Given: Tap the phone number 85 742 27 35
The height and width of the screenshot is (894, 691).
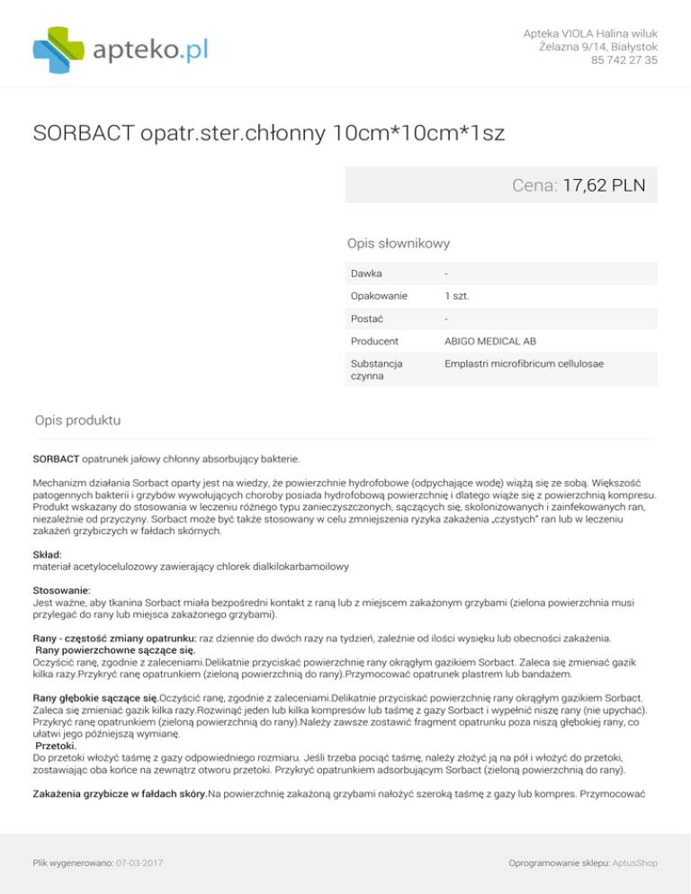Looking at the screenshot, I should (x=624, y=60).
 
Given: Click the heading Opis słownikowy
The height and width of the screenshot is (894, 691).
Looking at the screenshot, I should (x=399, y=243).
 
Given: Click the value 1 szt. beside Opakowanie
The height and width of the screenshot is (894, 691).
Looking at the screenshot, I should (x=458, y=295).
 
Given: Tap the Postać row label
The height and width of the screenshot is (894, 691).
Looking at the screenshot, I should (x=364, y=318).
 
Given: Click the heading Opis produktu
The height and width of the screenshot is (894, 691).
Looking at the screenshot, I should (x=78, y=420).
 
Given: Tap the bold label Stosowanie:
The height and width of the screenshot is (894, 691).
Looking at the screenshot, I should (x=61, y=594).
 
